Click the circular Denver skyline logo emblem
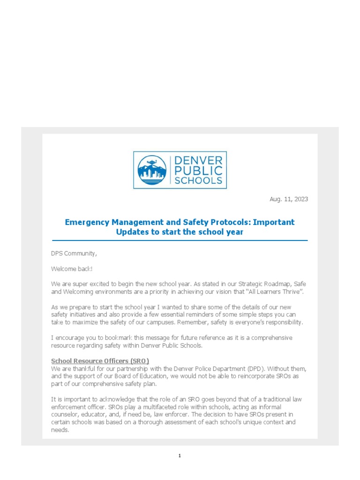click(152, 170)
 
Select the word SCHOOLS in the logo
click(197, 180)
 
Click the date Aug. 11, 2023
click(289, 199)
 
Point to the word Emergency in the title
click(85, 222)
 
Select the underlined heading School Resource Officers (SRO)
click(100, 361)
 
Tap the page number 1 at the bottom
click(180, 456)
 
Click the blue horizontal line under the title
click(180, 240)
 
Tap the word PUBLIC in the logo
click(197, 170)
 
